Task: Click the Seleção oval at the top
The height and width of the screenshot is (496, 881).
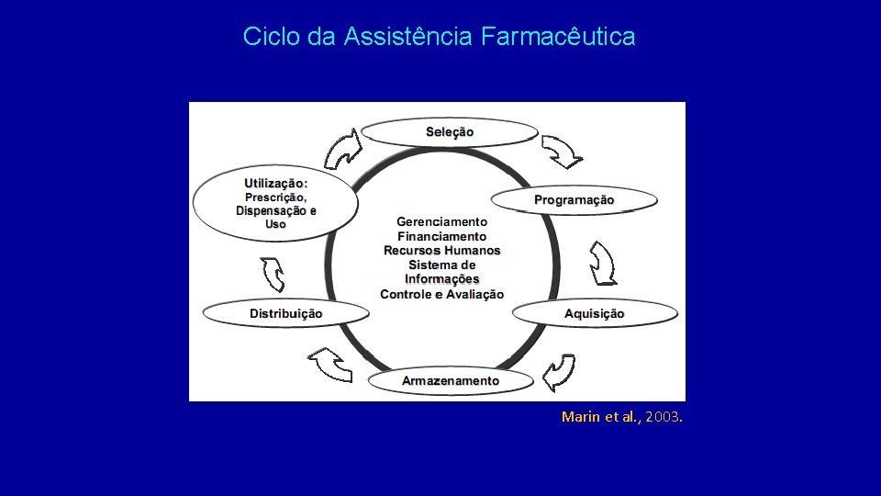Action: pos(450,132)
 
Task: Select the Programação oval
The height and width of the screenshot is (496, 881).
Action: pos(574,200)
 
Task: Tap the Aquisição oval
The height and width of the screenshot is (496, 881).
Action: pos(595,314)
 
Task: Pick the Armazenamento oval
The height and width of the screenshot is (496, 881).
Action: pos(451,380)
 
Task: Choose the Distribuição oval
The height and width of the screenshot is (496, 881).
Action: pos(286,314)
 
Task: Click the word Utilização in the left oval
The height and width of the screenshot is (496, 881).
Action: pos(273,183)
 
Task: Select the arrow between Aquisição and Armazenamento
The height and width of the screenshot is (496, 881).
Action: pos(558,373)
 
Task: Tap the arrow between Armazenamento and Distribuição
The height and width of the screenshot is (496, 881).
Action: pos(330,365)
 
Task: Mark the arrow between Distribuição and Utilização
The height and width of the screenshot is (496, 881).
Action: pos(273,273)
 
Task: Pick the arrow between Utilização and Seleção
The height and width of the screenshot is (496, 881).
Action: pos(342,149)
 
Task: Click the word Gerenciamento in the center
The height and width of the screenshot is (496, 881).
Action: pos(441,221)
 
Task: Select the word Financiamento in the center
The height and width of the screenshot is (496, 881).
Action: pos(441,236)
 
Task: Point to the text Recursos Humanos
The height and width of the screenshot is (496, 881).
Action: pos(441,251)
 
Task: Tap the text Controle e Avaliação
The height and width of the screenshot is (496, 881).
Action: pos(441,295)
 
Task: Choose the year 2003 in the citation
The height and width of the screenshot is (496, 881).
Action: pos(663,417)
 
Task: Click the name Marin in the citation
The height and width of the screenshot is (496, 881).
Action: pos(580,417)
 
